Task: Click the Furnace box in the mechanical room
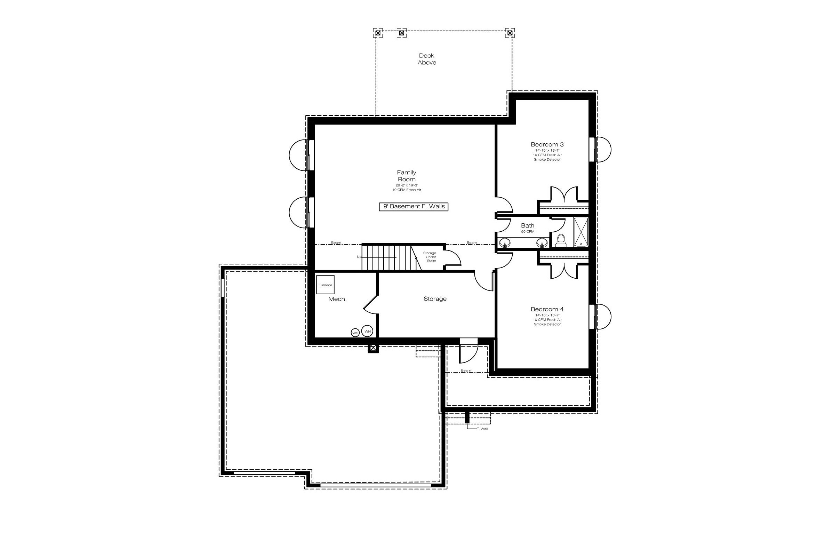point(326,285)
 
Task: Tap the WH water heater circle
point(367,331)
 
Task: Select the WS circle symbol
point(355,333)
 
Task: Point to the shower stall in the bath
point(580,232)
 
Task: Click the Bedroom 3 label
point(547,144)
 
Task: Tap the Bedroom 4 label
point(547,309)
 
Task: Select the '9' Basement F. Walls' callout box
point(414,207)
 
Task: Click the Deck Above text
point(427,59)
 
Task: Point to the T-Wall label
point(482,429)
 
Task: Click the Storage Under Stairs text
point(430,257)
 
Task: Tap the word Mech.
point(337,299)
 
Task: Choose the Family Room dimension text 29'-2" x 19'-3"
point(407,185)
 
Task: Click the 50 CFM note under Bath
point(528,232)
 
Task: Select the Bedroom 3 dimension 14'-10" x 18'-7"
point(547,151)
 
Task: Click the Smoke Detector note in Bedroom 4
point(547,324)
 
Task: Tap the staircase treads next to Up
point(386,258)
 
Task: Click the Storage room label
point(435,299)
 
